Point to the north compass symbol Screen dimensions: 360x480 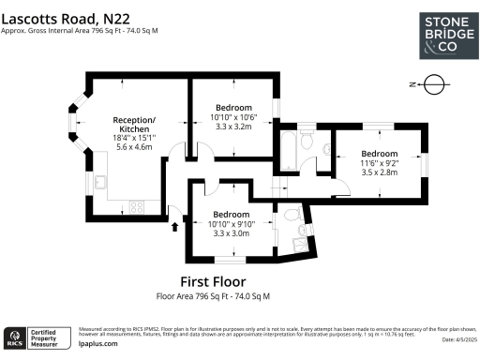(x=432, y=84)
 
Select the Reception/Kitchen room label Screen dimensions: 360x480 (x=134, y=125)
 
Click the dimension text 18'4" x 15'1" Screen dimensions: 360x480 (x=134, y=139)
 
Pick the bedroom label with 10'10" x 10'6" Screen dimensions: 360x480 (x=232, y=107)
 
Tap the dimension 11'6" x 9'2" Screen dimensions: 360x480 (x=380, y=164)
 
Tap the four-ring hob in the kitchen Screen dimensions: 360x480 (x=136, y=205)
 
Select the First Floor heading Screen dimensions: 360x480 (x=212, y=281)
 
